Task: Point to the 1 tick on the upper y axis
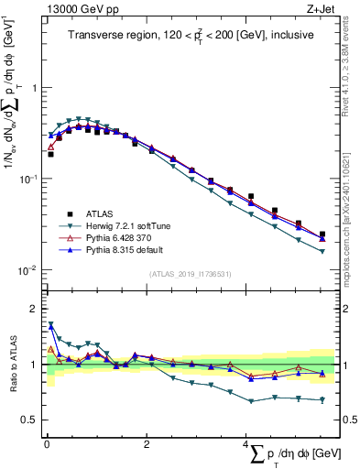pos(34,88)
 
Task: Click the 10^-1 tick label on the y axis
pos(29,179)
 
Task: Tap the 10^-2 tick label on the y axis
pos(29,270)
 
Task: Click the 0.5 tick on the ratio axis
pos(30,420)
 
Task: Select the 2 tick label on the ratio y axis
pos(34,309)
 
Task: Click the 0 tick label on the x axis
pos(46,443)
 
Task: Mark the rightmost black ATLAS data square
pos(322,234)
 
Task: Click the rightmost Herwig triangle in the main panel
pos(322,251)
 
